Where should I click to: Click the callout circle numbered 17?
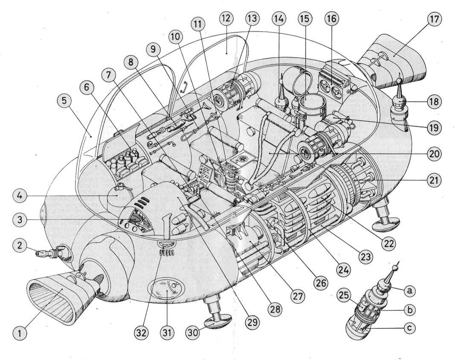[436, 19]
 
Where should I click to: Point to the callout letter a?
[409, 290]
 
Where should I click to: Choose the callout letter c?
[409, 329]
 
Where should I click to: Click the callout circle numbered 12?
[226, 18]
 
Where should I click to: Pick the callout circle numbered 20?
[435, 154]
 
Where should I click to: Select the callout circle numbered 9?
[154, 49]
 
